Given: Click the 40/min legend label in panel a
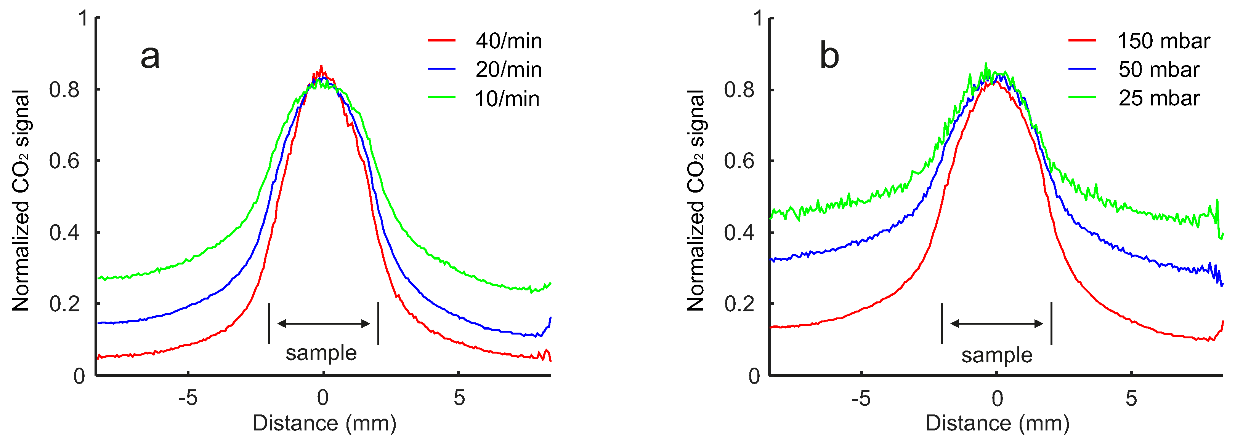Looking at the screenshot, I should pyautogui.click(x=508, y=41).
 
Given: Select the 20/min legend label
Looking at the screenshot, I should pyautogui.click(x=508, y=70).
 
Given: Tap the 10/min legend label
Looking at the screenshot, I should pyautogui.click(x=507, y=99).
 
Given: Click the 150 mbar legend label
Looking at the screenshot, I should pyautogui.click(x=1164, y=41).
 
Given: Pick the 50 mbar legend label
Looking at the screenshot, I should pyautogui.click(x=1159, y=70).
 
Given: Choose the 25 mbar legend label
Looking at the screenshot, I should pyautogui.click(x=1159, y=99).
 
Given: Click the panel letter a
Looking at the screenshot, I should pyautogui.click(x=150, y=56).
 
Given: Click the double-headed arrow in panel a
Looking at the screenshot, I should pyautogui.click(x=324, y=324).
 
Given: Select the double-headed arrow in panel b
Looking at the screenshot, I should pyautogui.click(x=997, y=324).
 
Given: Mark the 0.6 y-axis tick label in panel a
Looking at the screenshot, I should pyautogui.click(x=64, y=161).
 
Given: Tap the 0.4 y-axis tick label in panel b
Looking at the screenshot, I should pyautogui.click(x=739, y=233).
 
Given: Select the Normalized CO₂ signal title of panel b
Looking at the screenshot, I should pyautogui.click(x=696, y=200).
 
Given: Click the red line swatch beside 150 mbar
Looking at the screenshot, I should pyautogui.click(x=1082, y=41).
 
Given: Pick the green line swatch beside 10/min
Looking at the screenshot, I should pyautogui.click(x=441, y=98).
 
